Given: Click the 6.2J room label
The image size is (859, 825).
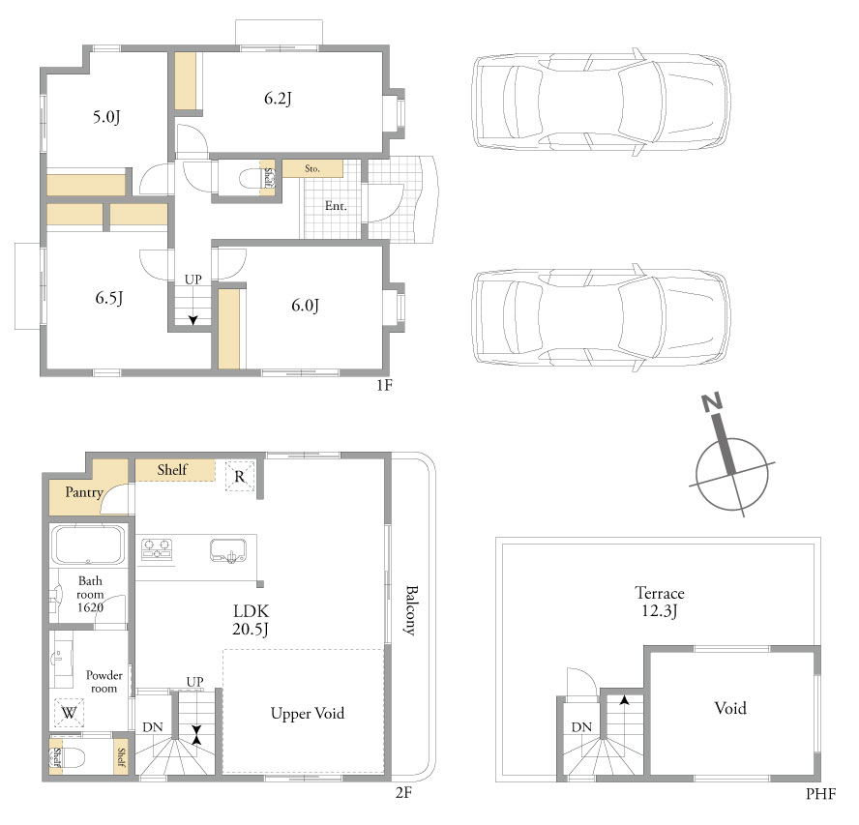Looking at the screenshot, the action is coord(278,99).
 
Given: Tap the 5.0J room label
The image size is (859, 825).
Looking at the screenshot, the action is coord(106,117).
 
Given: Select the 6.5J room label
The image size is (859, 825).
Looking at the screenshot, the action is coord(109,298).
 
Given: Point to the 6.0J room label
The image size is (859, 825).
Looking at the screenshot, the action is coord(305,305).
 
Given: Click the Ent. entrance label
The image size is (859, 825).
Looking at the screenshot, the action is coord(336,206).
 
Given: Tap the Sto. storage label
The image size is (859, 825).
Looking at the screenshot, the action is coord(312,168).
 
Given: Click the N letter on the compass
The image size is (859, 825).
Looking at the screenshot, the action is coord(712,402).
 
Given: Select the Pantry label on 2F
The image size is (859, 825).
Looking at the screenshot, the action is coord(84,492).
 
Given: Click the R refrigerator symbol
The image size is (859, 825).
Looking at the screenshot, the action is coord(240,477).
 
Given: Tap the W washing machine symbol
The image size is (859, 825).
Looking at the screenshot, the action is coord(69,713).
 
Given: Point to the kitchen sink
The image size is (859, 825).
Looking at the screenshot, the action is coord(228,550).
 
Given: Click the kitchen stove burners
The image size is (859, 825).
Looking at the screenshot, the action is coord(157,549).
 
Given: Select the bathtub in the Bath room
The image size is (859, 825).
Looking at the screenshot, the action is coord(89,545).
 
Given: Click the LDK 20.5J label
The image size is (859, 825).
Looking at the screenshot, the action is coord(251,620).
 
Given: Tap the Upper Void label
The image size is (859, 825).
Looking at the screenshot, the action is coord(308,713).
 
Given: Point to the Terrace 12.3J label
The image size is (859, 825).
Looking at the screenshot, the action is coord(660,602).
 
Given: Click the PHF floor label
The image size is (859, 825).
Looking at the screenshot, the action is coord(820,794).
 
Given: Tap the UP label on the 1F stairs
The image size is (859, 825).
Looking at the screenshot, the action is coord(193,280).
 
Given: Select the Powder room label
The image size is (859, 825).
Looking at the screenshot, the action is coord(104,682).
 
